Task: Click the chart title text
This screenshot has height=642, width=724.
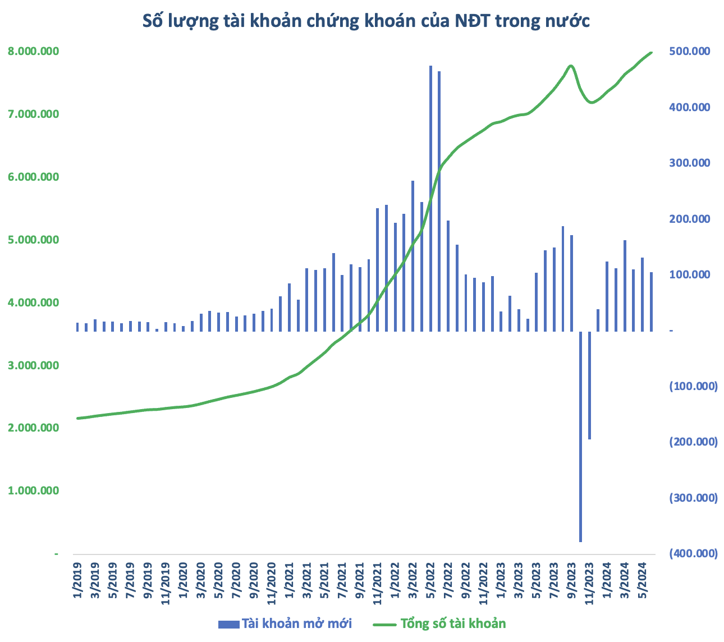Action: coord(366,21)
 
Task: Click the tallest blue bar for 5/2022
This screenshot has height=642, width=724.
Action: coord(430,196)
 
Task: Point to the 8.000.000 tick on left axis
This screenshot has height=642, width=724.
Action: coord(34,51)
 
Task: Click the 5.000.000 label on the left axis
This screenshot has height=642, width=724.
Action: coord(34,240)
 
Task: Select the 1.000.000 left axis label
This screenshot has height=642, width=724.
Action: coord(34,490)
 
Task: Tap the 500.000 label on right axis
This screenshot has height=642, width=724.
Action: coord(690,51)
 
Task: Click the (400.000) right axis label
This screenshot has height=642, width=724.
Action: coord(693,553)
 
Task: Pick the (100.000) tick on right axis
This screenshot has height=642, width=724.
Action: coord(693,386)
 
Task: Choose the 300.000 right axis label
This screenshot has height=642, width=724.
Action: coord(690,163)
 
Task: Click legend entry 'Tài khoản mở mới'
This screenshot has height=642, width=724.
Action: coord(296,623)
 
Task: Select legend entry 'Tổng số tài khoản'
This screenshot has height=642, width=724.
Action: coord(453,623)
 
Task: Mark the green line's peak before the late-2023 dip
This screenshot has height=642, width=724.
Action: coord(571,66)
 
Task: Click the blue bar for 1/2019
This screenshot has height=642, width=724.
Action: coord(77,327)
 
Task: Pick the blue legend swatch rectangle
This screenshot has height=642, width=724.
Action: coord(228,624)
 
